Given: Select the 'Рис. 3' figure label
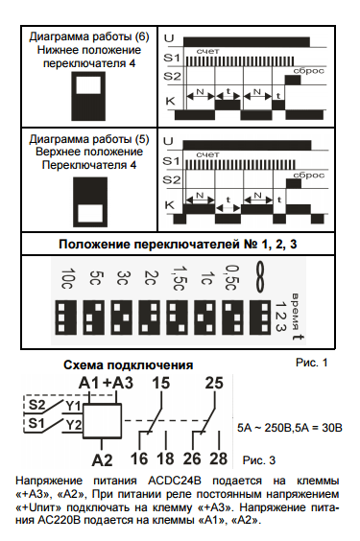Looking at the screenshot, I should pyautogui.click(x=265, y=460).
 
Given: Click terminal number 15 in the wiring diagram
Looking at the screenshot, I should pyautogui.click(x=161, y=384).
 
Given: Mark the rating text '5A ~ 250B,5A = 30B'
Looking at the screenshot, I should pyautogui.click(x=289, y=422).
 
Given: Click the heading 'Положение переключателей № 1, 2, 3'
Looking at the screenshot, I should pyautogui.click(x=180, y=245).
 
